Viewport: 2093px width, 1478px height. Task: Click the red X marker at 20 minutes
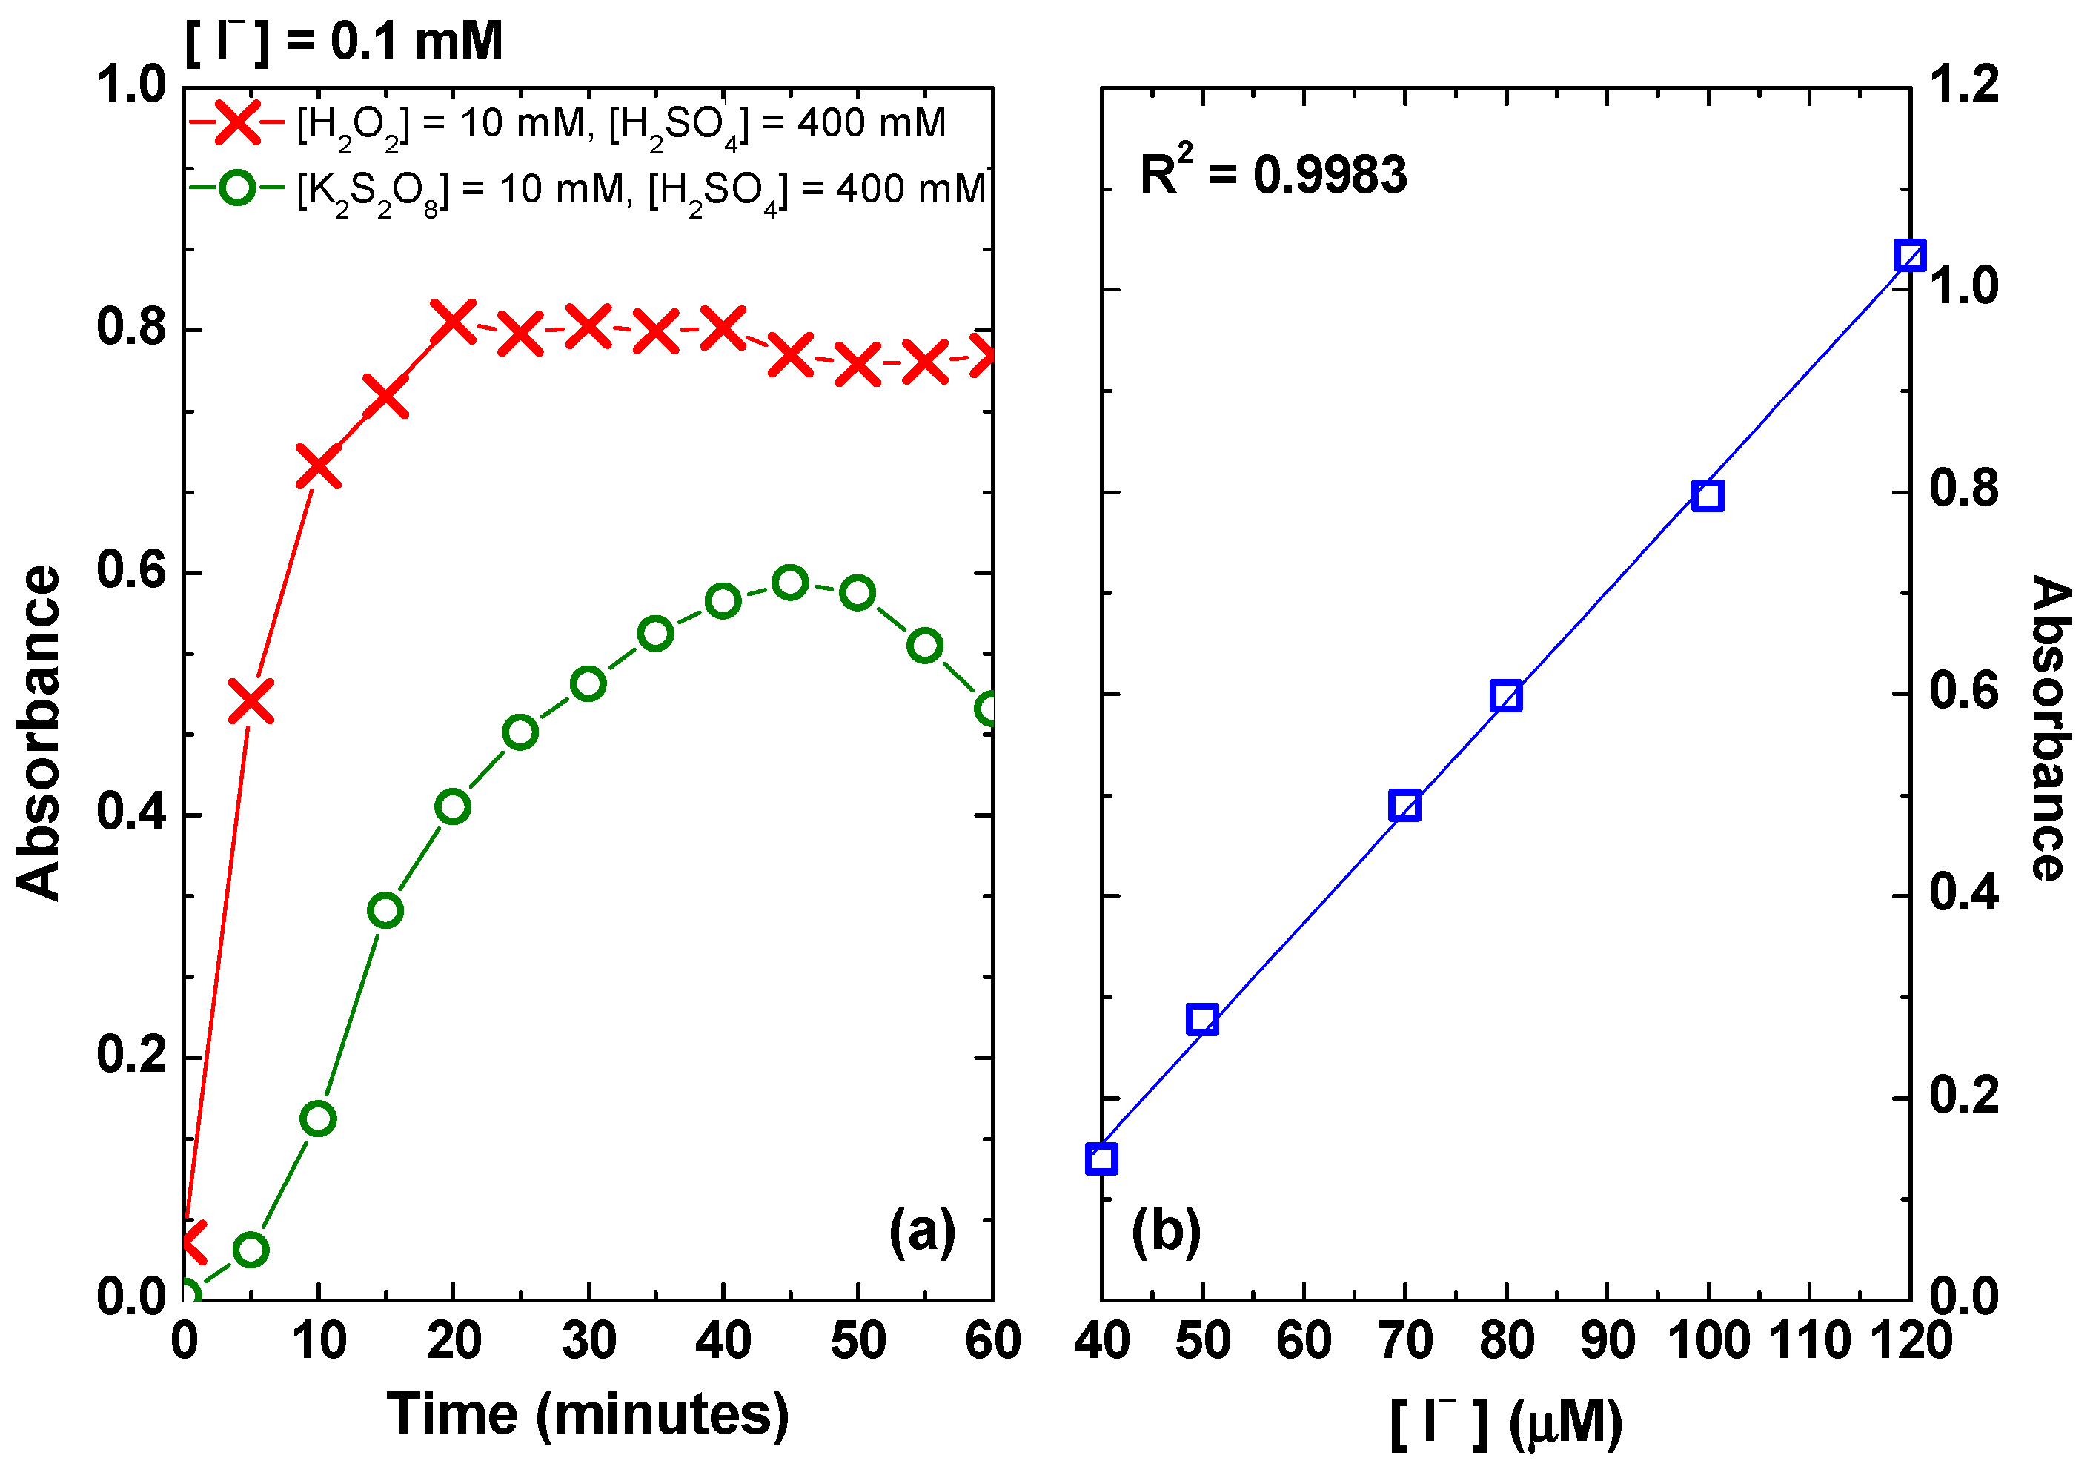coord(453,322)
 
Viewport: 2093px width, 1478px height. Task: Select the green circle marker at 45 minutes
coord(790,583)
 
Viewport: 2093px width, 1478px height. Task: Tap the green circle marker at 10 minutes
coord(318,1119)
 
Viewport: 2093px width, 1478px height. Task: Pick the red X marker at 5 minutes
coord(251,701)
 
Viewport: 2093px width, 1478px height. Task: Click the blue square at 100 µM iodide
coord(1708,496)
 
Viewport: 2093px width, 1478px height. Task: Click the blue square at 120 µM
coord(1910,255)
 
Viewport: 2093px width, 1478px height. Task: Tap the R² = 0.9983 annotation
coord(1273,173)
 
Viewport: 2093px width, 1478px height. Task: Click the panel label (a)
coord(921,1232)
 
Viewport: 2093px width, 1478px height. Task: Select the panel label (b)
coord(1166,1232)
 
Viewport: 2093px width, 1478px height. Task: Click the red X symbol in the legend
coord(238,122)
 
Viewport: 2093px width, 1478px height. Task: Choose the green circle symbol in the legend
coord(238,189)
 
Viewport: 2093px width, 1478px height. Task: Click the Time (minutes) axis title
coord(588,1414)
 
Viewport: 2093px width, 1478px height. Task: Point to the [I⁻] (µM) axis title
coord(1506,1422)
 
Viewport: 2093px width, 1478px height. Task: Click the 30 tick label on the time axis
coord(588,1341)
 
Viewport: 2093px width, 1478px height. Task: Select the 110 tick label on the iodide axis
coord(1808,1341)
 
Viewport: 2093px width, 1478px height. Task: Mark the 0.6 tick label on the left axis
coord(132,571)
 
